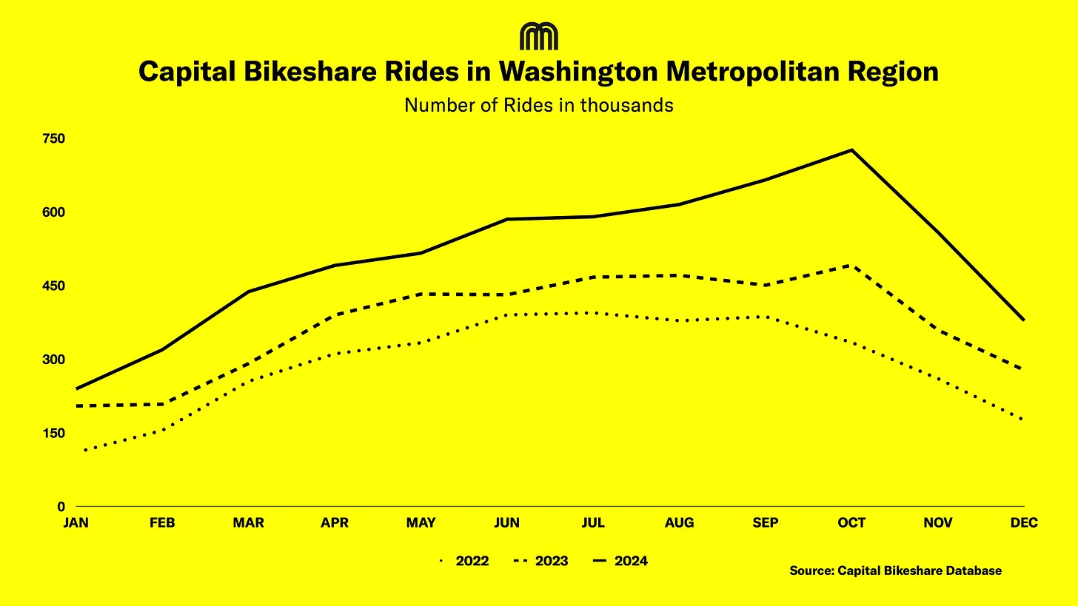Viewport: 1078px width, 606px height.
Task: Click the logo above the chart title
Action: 538,36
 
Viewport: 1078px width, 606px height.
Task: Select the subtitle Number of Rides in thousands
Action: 538,105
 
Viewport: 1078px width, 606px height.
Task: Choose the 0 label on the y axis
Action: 61,507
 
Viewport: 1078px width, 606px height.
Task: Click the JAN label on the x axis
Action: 76,523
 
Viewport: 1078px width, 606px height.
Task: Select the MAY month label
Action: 421,523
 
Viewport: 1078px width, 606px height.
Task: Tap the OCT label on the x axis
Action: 851,523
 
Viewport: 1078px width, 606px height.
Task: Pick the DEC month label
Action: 1024,523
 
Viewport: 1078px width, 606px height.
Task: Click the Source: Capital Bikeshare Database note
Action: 895,570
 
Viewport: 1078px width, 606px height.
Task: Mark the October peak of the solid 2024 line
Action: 852,150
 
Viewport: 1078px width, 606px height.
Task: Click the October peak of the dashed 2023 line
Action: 852,265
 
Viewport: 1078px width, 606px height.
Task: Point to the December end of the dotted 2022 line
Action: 1023,419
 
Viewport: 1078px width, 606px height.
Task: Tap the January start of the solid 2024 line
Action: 77,388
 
